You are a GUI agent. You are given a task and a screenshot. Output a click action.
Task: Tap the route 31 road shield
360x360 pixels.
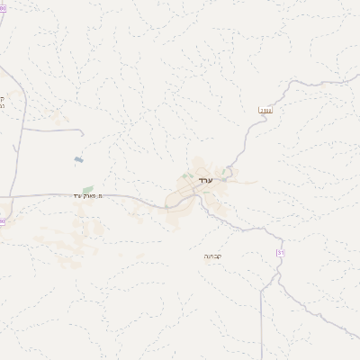click(x=280, y=256)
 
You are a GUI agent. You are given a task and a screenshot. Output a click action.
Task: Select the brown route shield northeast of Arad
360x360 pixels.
click(x=265, y=111)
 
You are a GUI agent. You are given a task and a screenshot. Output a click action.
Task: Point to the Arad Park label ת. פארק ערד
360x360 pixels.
click(x=91, y=195)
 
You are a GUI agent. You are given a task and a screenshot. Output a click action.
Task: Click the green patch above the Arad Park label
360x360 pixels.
click(x=87, y=189)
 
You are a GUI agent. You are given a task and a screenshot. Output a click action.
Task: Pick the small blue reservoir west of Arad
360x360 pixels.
click(x=79, y=160)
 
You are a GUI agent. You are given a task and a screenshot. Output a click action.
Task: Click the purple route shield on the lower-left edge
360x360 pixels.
click(x=2, y=221)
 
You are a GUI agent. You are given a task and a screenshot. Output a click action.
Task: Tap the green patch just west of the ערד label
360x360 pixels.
click(x=186, y=176)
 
